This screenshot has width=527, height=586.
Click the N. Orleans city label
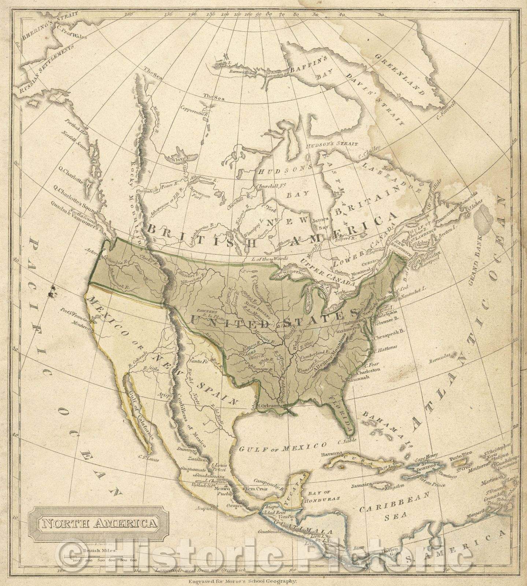pyautogui.click(x=270, y=406)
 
